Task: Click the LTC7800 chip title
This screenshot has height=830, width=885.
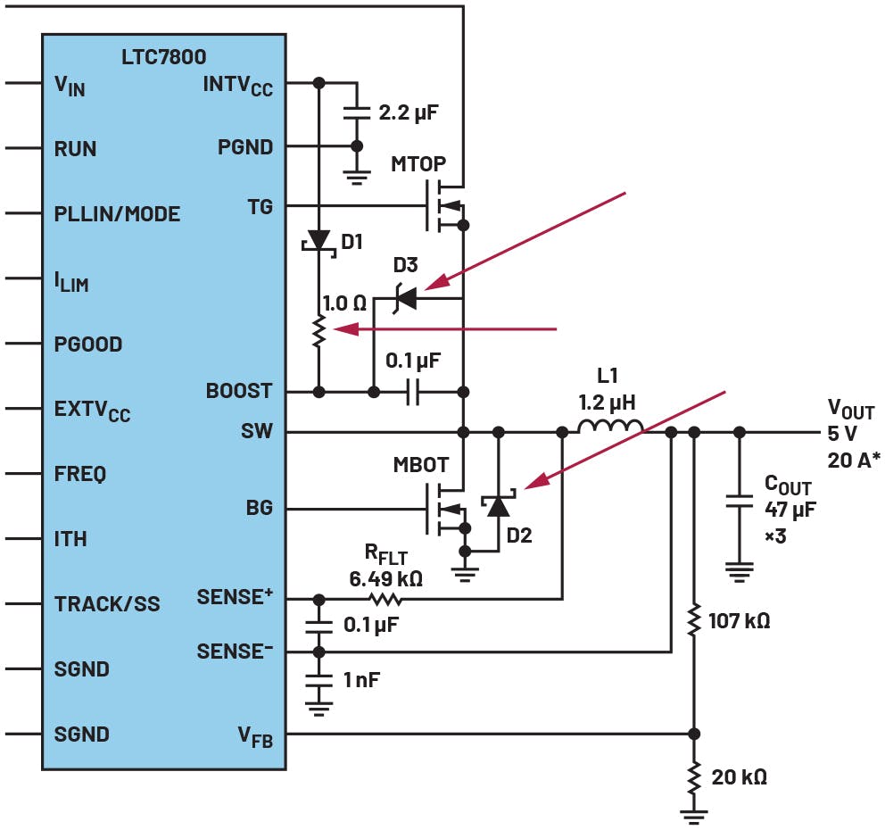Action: pyautogui.click(x=163, y=57)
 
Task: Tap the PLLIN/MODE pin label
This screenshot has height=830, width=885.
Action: pyautogui.click(x=117, y=214)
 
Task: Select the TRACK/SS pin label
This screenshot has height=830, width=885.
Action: pyautogui.click(x=107, y=604)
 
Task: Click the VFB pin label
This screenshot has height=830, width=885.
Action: pyautogui.click(x=254, y=737)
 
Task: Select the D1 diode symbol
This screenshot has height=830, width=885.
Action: pyautogui.click(x=318, y=239)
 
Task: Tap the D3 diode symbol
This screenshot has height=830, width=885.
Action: pyautogui.click(x=406, y=297)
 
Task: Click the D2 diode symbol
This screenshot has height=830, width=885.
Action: pyautogui.click(x=498, y=506)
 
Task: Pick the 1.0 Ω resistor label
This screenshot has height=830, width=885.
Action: pyautogui.click(x=344, y=303)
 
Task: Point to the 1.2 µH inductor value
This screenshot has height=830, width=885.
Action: pyautogui.click(x=607, y=403)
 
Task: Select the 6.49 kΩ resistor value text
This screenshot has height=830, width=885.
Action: pyautogui.click(x=385, y=578)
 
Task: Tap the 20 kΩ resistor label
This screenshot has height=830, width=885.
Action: pyautogui.click(x=739, y=776)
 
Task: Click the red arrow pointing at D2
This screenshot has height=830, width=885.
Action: pyautogui.click(x=624, y=439)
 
